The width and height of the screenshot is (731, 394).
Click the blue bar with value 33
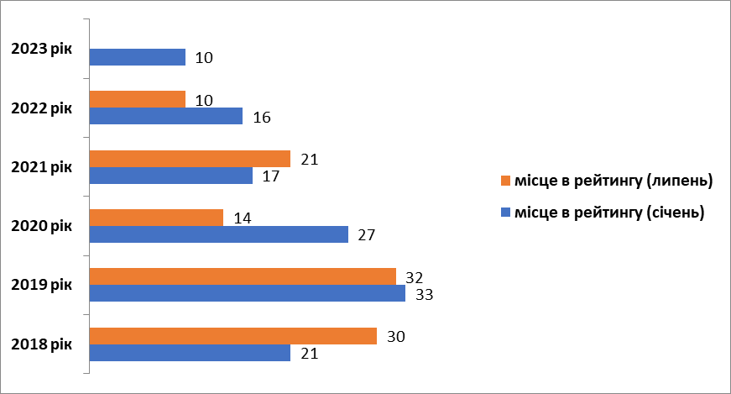coord(247,293)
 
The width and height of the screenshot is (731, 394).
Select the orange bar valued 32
coord(243,276)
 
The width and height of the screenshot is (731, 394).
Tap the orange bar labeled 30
coord(232,336)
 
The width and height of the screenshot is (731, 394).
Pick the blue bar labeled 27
coord(218,234)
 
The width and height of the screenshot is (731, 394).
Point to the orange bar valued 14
coord(156,218)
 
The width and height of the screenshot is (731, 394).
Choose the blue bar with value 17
coord(170,176)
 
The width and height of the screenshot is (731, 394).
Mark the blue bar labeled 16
coord(165,116)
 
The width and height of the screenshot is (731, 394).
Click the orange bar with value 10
coord(137,99)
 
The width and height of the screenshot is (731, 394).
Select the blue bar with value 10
coord(137,57)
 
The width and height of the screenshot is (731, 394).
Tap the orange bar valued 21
coord(190,159)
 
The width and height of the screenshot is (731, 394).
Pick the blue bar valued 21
coord(190,353)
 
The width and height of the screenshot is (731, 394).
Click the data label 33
coord(424,295)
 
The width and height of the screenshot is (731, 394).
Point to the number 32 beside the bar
coord(415,277)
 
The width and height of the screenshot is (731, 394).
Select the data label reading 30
coord(395,337)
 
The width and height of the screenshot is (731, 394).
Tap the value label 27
coord(367,235)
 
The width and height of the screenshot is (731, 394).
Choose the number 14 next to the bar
coord(242,218)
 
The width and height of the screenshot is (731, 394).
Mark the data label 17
coord(271,176)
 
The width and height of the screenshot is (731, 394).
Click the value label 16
coord(261,118)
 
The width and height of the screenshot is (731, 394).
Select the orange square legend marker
coord(505,181)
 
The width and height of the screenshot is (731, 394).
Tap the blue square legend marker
coord(505,213)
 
